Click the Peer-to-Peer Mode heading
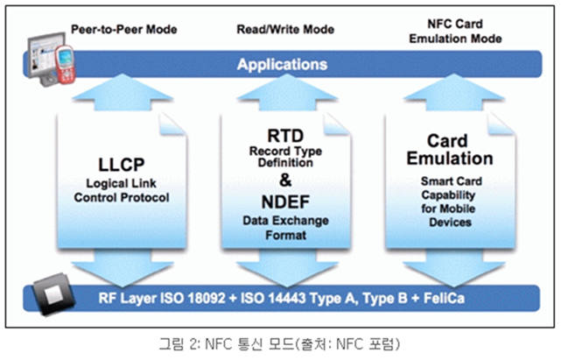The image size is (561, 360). (x=123, y=30)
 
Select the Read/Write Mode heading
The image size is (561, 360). (x=285, y=30)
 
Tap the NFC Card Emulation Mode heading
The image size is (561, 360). (x=455, y=32)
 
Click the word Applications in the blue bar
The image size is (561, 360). (x=282, y=65)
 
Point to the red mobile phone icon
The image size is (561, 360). (x=65, y=65)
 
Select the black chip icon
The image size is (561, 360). (x=53, y=294)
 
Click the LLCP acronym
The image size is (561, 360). (x=122, y=165)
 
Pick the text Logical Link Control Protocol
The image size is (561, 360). (x=122, y=190)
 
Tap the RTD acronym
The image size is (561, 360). (x=285, y=136)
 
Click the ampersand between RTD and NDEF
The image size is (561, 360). (x=285, y=180)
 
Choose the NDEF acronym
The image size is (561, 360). (x=285, y=202)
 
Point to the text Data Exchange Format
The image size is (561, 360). (x=285, y=228)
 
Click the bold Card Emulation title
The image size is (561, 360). (x=449, y=150)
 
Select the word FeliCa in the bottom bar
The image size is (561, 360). (x=444, y=298)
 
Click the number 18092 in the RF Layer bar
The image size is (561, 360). (x=207, y=298)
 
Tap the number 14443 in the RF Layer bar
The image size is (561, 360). (x=287, y=298)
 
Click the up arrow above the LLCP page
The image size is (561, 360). (x=122, y=93)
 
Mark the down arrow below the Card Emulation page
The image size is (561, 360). (x=453, y=268)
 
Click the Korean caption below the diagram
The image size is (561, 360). (x=279, y=344)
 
